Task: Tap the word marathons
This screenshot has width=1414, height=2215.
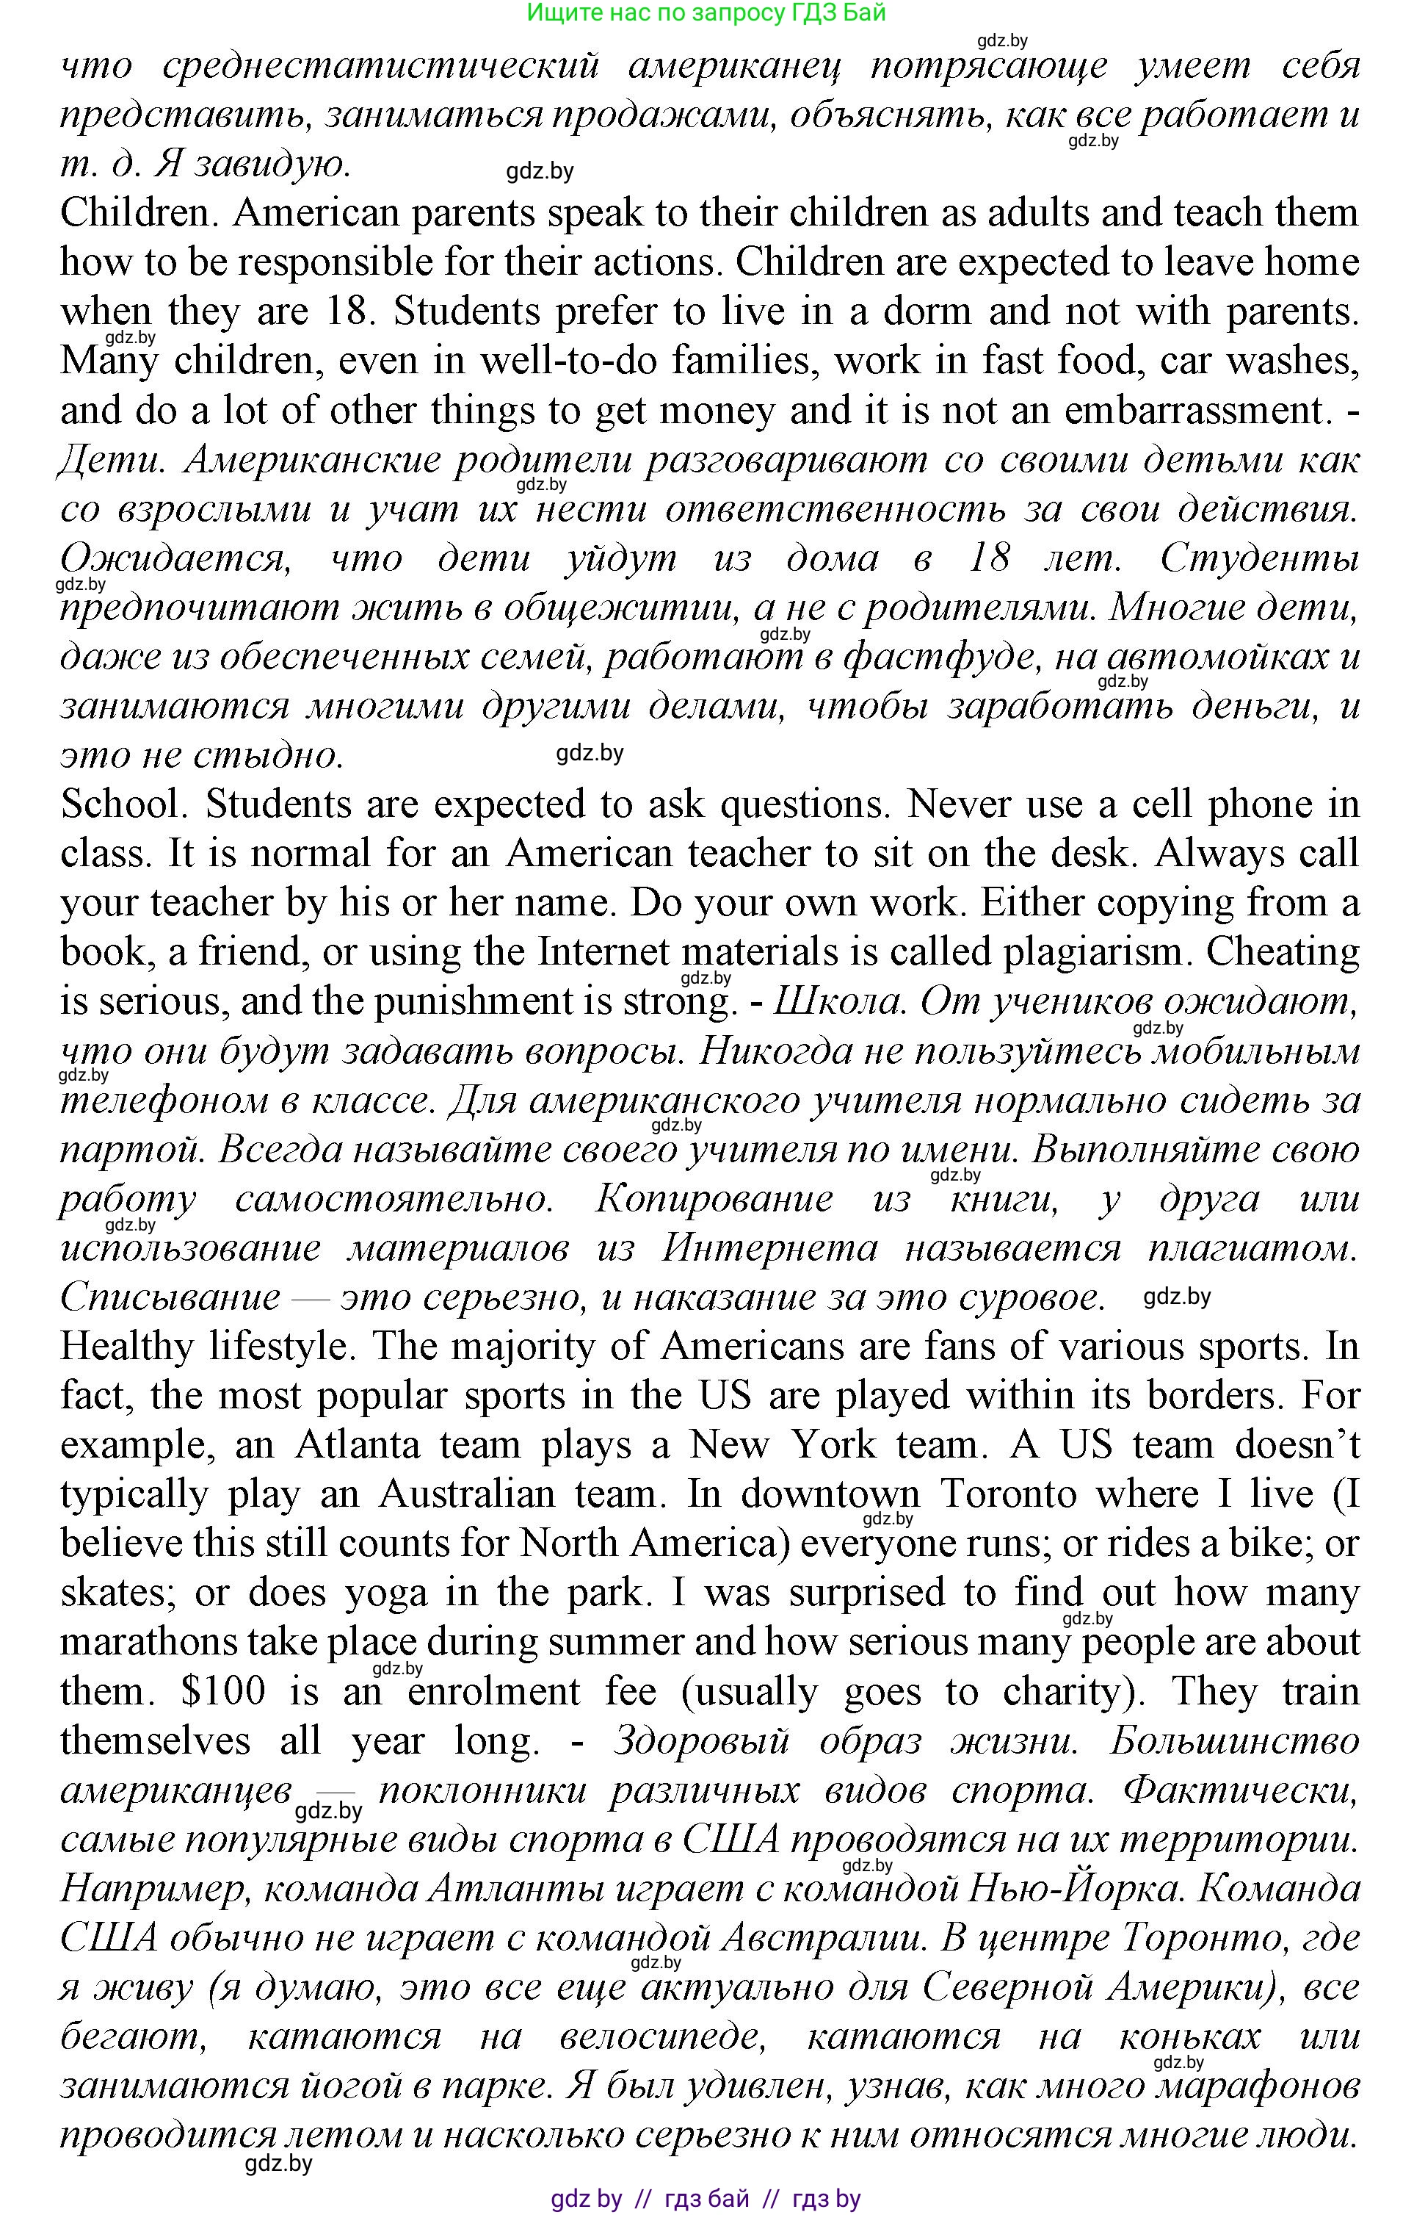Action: [161, 1642]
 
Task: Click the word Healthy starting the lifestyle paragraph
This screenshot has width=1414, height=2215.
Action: [127, 1347]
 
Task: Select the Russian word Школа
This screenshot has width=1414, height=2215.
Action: [838, 1002]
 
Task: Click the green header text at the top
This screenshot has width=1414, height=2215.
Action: [706, 13]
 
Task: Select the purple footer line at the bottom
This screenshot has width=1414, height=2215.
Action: [706, 2198]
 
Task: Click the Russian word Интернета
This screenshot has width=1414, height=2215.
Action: [769, 1248]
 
